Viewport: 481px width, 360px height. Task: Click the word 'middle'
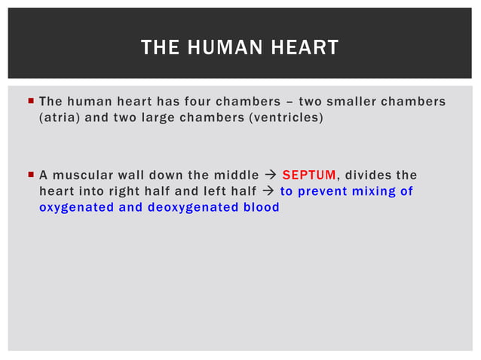point(234,175)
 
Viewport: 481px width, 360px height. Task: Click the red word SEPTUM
point(308,175)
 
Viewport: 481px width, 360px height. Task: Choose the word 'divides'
point(370,175)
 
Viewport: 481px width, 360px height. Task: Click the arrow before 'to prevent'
point(267,191)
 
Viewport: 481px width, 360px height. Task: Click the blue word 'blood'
point(261,207)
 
